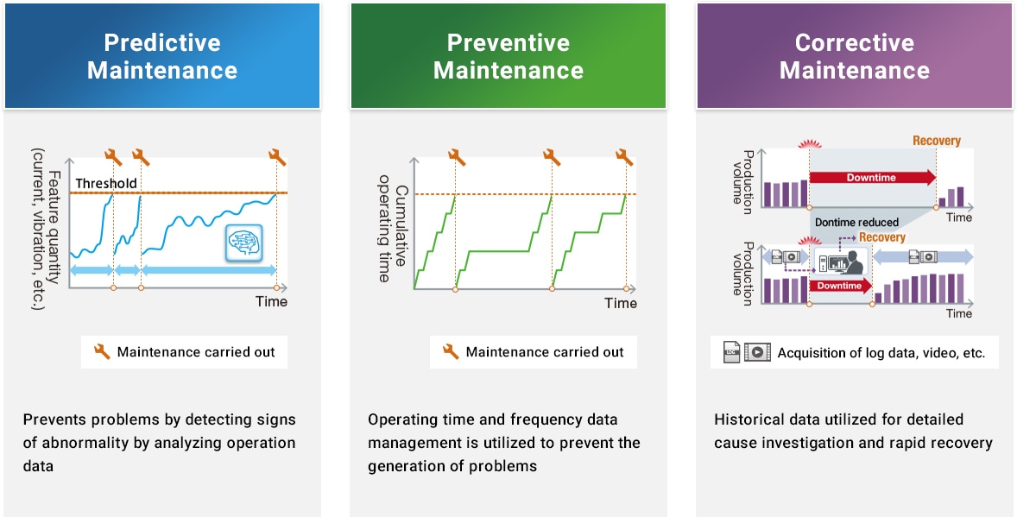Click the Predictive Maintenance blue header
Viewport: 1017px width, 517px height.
pos(161,56)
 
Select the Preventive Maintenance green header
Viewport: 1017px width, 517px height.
pos(508,56)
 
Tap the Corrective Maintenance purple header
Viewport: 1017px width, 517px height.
pos(854,56)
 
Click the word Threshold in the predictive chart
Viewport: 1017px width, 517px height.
pos(105,183)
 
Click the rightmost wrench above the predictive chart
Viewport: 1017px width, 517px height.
pos(277,156)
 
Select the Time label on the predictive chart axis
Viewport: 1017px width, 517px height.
pos(271,301)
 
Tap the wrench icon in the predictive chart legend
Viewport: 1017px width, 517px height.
pos(102,351)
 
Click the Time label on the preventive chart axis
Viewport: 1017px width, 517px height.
pos(620,303)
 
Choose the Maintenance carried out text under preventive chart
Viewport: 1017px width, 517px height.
pos(544,352)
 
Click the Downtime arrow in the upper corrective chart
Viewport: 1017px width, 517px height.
pos(872,178)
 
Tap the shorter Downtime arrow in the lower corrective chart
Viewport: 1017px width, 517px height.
pos(839,286)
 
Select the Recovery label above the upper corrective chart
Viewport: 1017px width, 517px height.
pos(936,141)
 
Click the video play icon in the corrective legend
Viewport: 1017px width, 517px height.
pos(757,352)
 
